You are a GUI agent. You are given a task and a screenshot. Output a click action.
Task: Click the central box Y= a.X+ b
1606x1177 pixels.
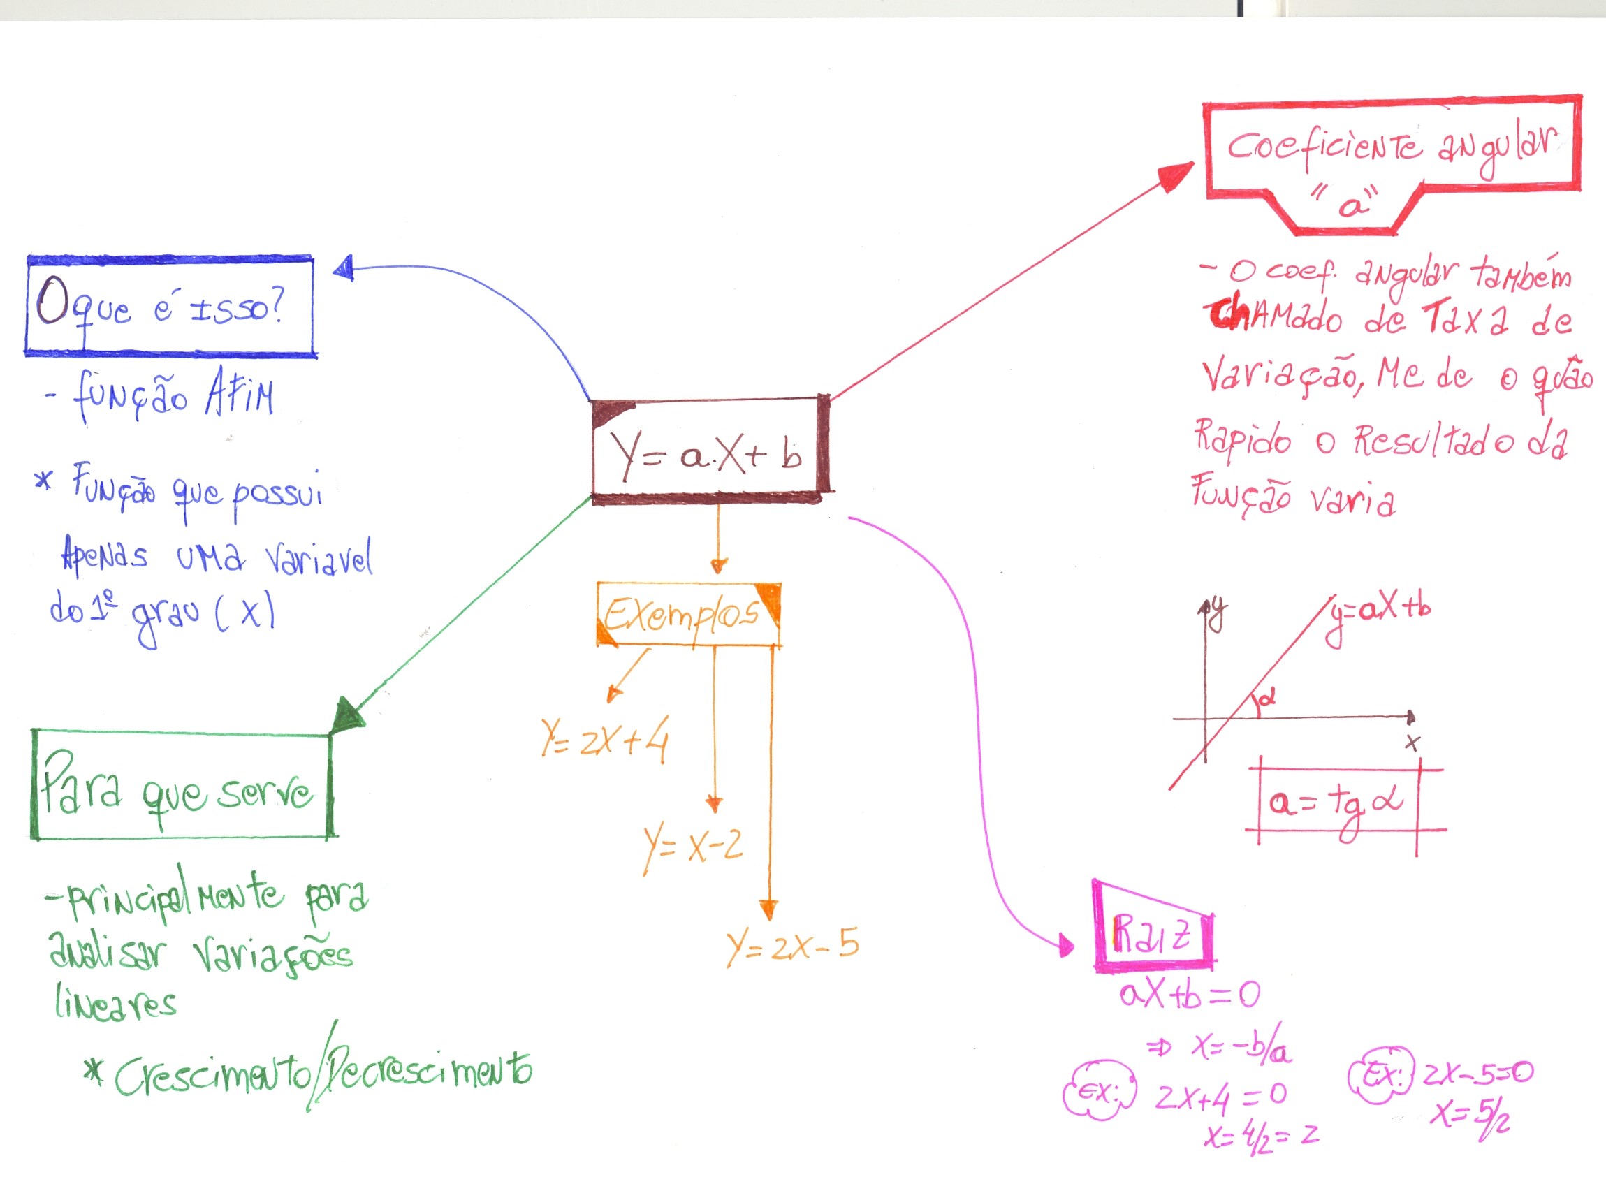709,451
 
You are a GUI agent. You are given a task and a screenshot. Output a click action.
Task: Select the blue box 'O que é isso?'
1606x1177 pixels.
170,307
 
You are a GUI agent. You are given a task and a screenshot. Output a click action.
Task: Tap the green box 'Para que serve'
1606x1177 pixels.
182,786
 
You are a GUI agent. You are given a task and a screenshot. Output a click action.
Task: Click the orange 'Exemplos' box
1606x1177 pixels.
688,614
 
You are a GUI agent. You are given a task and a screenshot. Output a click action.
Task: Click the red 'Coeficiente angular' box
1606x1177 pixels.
1391,158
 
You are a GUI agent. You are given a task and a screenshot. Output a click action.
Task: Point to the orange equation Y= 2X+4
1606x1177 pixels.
604,741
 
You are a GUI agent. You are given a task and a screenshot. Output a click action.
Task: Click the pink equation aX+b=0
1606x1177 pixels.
1188,995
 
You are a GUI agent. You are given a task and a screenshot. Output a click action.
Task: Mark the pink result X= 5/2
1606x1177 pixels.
1469,1116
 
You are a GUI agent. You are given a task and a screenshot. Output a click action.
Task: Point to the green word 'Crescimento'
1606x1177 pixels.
212,1075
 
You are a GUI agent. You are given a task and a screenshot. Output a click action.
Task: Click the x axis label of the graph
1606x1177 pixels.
1412,743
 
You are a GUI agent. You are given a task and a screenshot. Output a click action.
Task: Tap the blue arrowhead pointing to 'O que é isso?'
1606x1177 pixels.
344,268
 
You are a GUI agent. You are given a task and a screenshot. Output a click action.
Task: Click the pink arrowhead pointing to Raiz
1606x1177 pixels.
1066,946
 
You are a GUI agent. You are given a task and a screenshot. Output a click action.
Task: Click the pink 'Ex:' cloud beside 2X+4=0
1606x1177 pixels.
1099,1094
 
